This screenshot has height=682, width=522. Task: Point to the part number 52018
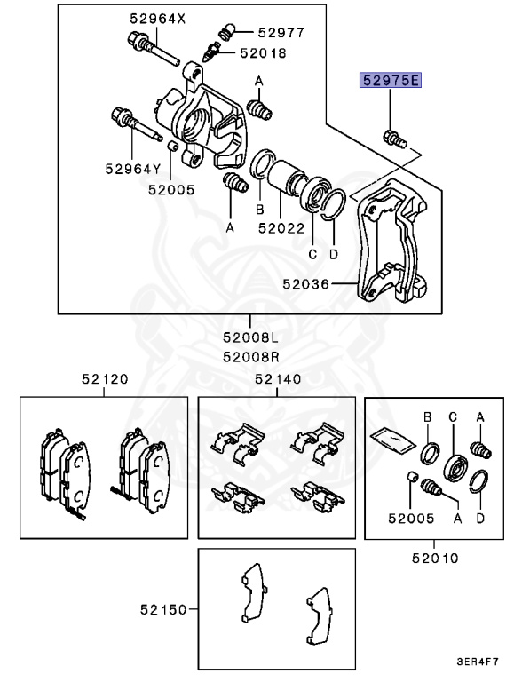[263, 52]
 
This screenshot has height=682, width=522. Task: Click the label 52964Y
[132, 167]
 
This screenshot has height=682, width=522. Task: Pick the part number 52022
[281, 227]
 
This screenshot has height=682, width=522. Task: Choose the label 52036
[307, 285]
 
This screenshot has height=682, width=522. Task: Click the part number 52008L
[250, 337]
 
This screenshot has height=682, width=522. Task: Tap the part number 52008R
[250, 357]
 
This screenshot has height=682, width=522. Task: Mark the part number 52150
[163, 610]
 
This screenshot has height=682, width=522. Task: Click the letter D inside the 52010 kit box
[479, 514]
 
